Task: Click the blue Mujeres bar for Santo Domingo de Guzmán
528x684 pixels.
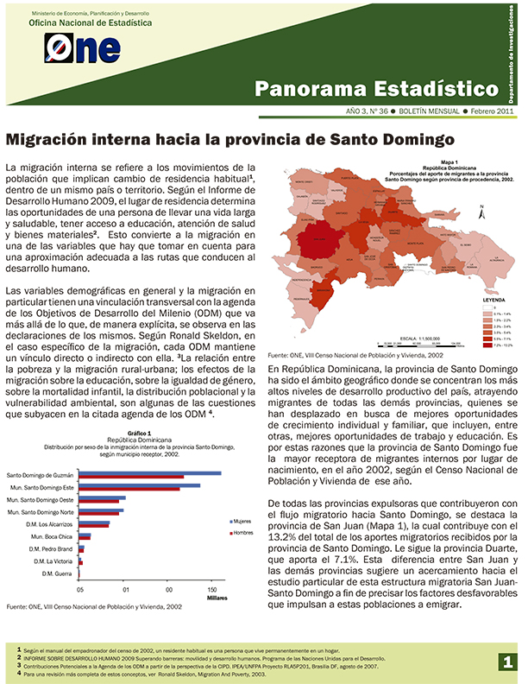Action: coord(150,473)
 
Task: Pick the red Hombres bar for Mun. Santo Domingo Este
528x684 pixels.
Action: coord(129,490)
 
